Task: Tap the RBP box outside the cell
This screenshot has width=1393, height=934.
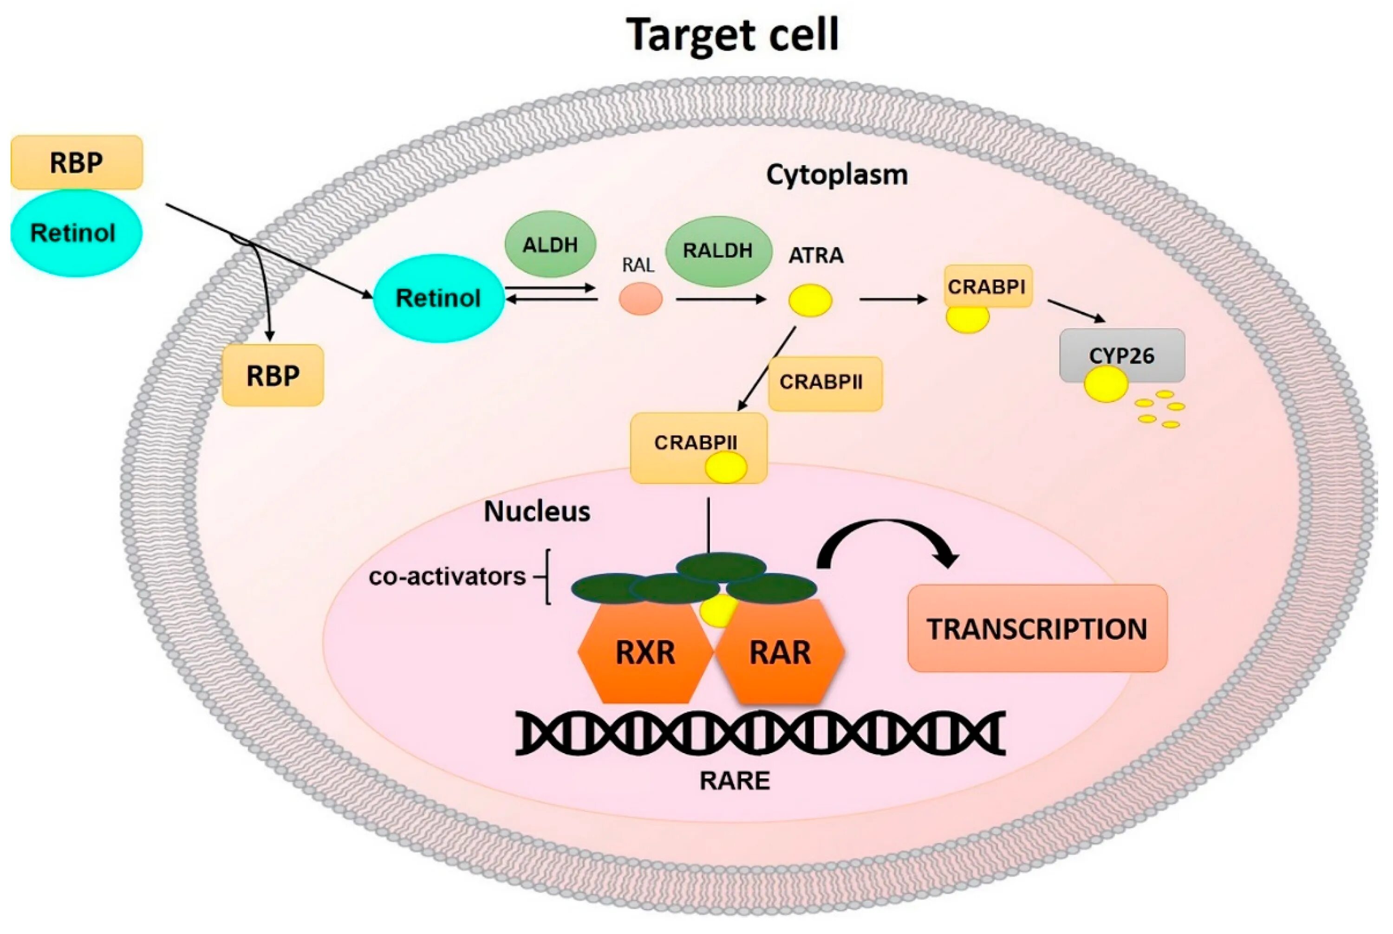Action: [x=76, y=162]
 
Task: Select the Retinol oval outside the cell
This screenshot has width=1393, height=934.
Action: [x=76, y=233]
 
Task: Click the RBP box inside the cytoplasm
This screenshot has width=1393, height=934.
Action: [x=273, y=375]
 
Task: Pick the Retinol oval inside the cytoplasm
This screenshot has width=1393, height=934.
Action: [x=438, y=298]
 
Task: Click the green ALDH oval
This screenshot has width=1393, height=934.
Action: [x=550, y=244]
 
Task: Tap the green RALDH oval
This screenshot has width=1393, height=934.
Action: [x=717, y=251]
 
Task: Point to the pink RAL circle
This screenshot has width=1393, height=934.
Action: [x=640, y=298]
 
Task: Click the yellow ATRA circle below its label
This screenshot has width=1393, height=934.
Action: [x=810, y=300]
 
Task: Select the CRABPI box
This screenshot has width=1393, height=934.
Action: [x=987, y=287]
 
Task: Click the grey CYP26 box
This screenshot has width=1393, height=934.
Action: [x=1122, y=355]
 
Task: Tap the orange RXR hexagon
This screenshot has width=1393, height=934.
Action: [x=645, y=652]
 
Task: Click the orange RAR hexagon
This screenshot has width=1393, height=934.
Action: [x=780, y=652]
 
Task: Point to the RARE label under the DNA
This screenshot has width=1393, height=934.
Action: [x=735, y=780]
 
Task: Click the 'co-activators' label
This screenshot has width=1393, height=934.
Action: [x=447, y=577]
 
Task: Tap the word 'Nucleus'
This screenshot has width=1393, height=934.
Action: [x=536, y=511]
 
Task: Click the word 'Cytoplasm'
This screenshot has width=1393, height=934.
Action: [x=836, y=174]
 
